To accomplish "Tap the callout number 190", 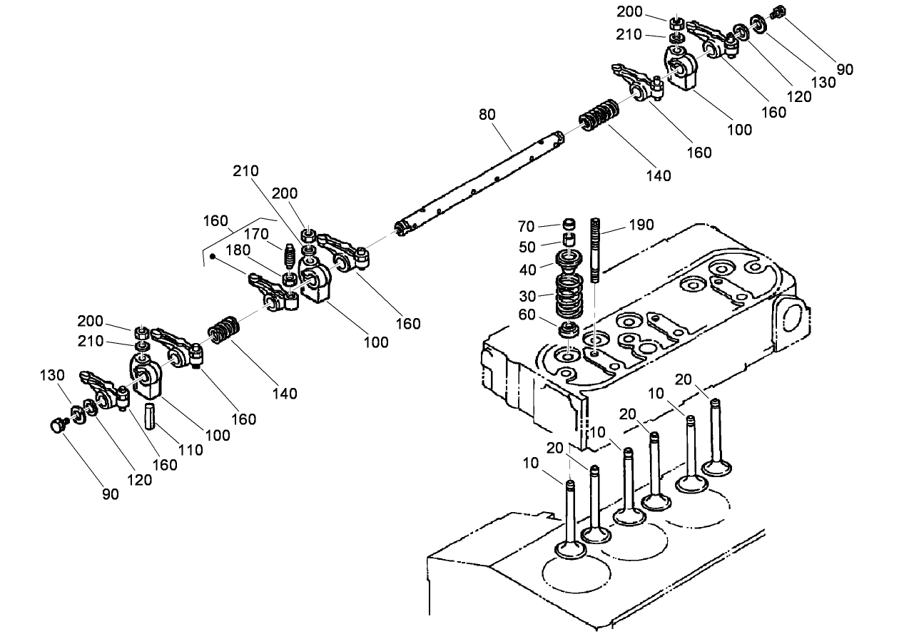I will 641,225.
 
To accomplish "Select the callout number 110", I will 191,450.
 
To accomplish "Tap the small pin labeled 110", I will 151,416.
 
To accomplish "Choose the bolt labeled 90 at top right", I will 778,11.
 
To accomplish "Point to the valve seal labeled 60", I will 569,330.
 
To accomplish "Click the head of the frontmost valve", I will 571,549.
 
